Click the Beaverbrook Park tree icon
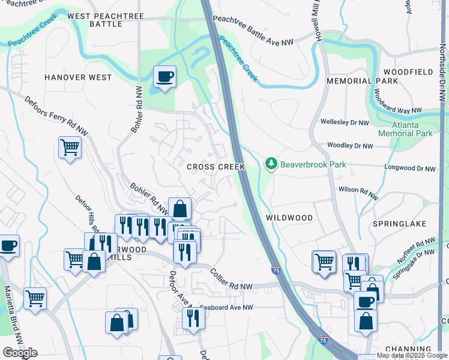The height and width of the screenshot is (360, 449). click(271, 164)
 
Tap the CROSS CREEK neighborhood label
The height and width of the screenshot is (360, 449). click(215, 167)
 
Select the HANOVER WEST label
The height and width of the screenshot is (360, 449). click(78, 77)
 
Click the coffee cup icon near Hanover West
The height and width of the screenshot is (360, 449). click(164, 77)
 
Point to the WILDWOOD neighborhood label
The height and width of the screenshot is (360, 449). click(291, 218)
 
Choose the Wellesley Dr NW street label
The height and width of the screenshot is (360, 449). click(345, 123)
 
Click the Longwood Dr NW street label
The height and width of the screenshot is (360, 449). click(410, 169)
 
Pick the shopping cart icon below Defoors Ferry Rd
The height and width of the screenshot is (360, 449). click(70, 146)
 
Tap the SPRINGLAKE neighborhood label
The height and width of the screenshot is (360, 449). click(399, 224)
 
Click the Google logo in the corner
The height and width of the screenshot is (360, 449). click(20, 353)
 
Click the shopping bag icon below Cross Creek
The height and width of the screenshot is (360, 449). click(179, 209)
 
